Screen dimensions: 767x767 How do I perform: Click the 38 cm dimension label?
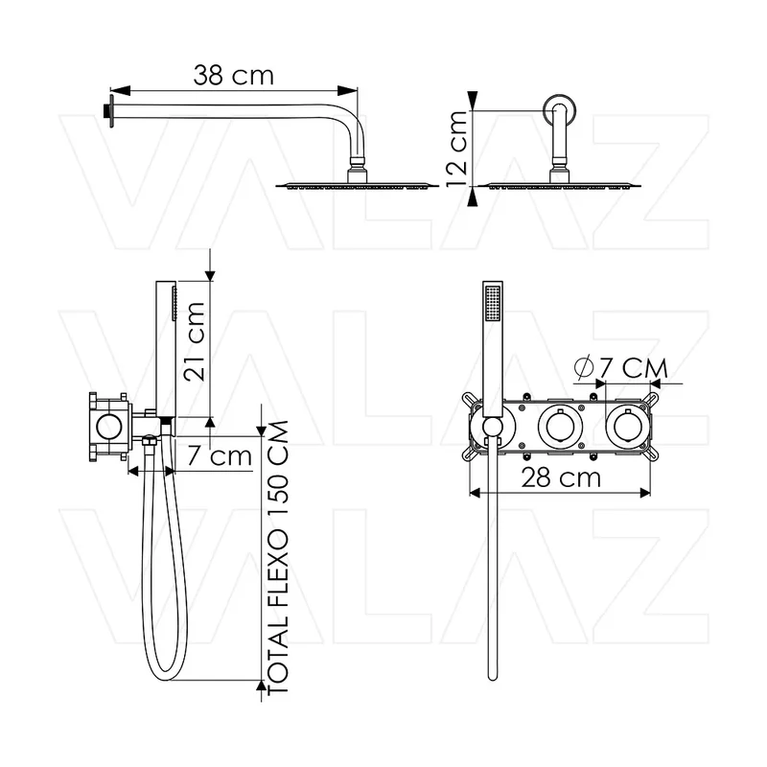click(233, 76)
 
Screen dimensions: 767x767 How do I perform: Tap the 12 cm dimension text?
click(457, 149)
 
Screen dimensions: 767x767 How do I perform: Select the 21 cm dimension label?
click(194, 341)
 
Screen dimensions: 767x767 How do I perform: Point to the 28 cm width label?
click(561, 477)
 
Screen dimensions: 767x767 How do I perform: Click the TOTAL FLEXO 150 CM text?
click(278, 557)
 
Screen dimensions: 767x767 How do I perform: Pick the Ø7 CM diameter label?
click(620, 368)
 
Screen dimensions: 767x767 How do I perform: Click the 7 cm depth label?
click(220, 456)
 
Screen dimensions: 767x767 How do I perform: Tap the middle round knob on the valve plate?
click(560, 427)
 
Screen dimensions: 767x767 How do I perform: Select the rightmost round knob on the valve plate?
click(628, 427)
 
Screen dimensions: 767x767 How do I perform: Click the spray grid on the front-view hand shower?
click(493, 304)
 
